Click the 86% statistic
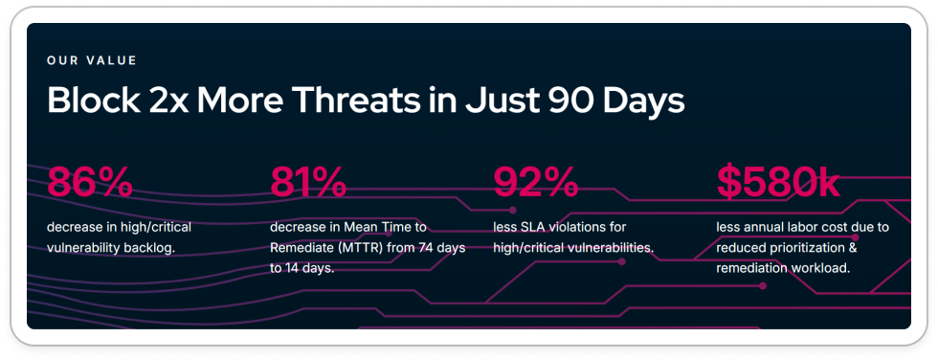[90, 182]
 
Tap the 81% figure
[308, 182]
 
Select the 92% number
[535, 182]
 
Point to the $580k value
[778, 182]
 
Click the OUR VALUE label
[92, 60]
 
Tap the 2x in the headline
[165, 100]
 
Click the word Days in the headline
[643, 101]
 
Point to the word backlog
[153, 248]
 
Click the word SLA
[525, 227]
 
